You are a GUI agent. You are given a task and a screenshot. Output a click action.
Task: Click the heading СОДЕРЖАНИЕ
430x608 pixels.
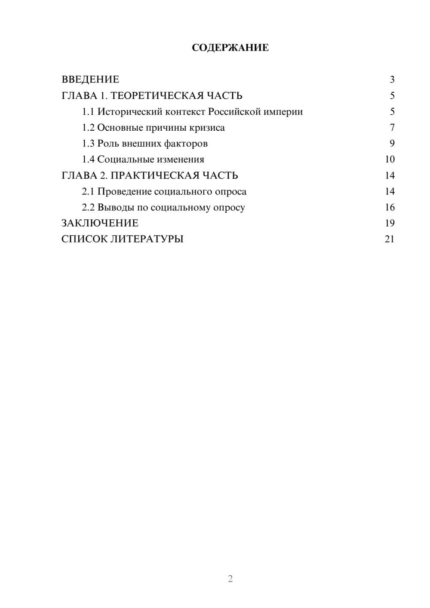(230, 48)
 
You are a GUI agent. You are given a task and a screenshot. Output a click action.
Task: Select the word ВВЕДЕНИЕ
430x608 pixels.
(90, 80)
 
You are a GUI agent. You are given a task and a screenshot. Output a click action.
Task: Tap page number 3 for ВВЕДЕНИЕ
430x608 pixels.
(392, 80)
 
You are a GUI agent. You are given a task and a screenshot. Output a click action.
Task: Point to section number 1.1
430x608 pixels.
(88, 112)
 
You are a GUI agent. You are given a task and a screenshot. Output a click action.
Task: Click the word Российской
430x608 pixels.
(234, 112)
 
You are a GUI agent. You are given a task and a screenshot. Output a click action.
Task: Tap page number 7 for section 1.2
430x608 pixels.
(392, 128)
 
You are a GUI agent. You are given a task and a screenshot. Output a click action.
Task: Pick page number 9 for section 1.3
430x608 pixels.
(392, 144)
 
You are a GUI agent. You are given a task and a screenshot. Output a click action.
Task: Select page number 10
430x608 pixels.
(390, 160)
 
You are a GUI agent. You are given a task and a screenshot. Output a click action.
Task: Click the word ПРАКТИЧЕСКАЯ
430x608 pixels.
(153, 175)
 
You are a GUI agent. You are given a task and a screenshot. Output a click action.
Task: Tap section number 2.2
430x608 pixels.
(88, 207)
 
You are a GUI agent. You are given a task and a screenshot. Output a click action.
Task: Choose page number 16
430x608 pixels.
(390, 207)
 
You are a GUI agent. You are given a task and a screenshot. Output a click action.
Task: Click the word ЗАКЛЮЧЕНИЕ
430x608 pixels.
(100, 223)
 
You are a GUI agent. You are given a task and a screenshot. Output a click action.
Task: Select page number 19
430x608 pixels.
(390, 223)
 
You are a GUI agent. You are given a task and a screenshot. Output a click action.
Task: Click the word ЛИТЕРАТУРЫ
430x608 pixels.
(147, 239)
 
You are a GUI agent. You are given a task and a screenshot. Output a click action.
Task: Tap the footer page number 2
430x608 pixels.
(230, 579)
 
